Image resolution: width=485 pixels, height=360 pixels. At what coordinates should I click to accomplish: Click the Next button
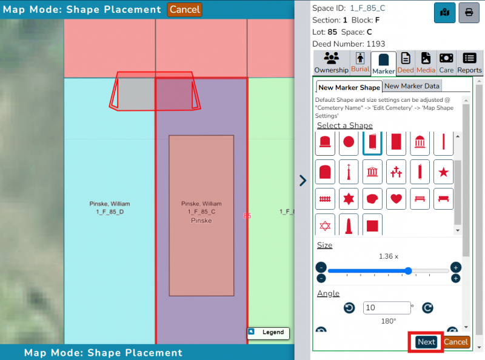(426, 342)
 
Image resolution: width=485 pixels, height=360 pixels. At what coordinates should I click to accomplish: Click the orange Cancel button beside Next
(456, 342)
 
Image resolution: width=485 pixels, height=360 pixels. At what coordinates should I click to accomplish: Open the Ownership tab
(331, 63)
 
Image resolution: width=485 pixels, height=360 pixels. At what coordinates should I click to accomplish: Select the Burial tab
(360, 63)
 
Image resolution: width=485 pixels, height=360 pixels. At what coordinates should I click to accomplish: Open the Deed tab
(406, 63)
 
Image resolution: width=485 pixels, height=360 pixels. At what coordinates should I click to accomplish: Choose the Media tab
(426, 63)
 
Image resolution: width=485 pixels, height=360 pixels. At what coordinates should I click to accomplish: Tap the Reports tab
(469, 63)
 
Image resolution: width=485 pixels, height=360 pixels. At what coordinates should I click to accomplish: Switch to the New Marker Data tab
(412, 86)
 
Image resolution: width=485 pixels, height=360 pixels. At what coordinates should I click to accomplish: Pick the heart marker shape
(396, 199)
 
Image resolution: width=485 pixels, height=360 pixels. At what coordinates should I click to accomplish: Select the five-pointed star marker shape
(443, 172)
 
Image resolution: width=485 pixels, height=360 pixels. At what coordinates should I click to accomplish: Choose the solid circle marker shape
(349, 142)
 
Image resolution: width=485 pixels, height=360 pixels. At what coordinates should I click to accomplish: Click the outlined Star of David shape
(325, 225)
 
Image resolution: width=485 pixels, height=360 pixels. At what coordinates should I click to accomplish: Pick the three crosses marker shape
(396, 172)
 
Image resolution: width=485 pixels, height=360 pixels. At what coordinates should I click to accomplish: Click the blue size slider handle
(408, 271)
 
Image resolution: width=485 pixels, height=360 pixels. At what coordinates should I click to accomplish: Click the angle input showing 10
(387, 307)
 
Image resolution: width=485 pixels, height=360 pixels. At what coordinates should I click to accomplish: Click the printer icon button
(469, 12)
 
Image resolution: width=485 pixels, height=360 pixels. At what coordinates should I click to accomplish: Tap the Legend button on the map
(268, 333)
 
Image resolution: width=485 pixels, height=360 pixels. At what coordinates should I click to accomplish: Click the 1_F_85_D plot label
(110, 212)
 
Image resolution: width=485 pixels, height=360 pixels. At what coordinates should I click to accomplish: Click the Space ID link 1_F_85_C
(367, 8)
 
